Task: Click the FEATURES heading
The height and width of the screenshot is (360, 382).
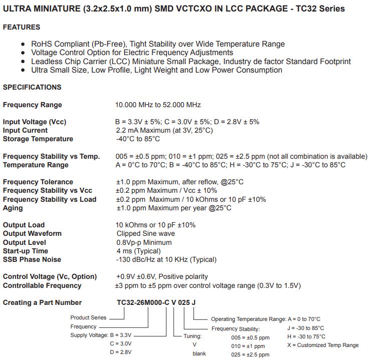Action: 22,27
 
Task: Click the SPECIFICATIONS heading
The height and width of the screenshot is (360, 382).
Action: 32,87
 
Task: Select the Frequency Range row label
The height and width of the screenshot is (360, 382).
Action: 33,105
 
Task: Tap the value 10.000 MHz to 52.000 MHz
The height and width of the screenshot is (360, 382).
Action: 158,105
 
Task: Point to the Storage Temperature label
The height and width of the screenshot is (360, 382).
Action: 38,139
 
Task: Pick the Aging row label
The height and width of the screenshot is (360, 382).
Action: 13,208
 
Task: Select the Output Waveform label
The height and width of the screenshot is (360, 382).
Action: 32,233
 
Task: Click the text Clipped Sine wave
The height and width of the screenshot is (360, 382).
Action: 146,233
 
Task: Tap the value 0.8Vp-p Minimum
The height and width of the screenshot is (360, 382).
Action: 144,242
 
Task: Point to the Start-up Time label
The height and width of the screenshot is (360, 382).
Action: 26,251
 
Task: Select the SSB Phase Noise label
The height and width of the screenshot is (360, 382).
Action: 32,259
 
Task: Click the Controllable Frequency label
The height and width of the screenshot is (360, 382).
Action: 42,285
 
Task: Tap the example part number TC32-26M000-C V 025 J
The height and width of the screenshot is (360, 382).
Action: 157,302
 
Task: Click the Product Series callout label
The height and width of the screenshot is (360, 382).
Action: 88,317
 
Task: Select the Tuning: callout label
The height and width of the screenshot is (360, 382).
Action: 192,336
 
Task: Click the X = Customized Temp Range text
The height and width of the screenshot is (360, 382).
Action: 323,345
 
